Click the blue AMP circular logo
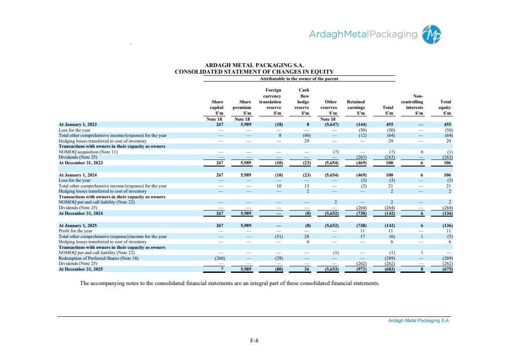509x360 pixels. (431, 34)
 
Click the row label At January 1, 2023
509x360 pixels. (78, 124)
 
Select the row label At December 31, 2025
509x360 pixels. (81, 269)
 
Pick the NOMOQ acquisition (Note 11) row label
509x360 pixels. (88, 152)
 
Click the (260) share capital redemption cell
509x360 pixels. (220, 258)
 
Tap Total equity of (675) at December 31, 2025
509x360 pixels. (447, 269)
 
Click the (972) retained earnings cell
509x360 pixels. (361, 269)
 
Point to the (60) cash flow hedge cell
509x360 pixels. (306, 136)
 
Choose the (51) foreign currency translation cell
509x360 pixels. (278, 237)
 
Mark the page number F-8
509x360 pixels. (254, 340)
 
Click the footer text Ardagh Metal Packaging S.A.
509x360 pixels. (419, 320)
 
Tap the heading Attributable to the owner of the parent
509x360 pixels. (299, 78)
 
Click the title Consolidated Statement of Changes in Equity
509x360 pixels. (254, 72)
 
